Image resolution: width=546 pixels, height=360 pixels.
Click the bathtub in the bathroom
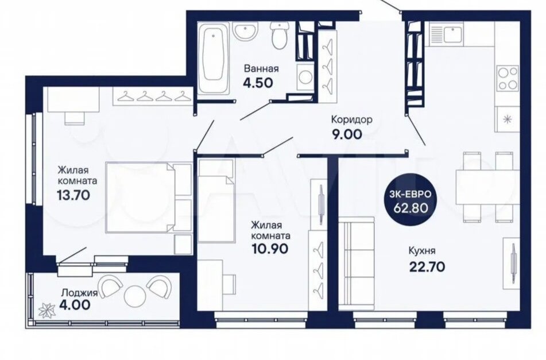(x=214, y=58)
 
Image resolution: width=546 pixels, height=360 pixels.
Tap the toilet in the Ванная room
(x=280, y=36)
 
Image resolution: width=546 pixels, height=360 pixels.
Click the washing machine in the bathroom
(x=305, y=78)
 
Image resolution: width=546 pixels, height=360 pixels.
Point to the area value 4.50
(x=258, y=83)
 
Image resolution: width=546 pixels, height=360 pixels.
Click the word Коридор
(x=352, y=120)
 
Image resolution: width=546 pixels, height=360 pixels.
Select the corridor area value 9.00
(x=347, y=134)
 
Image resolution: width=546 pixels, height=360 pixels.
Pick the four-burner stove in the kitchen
(x=508, y=78)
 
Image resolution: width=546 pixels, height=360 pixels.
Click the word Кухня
(x=422, y=251)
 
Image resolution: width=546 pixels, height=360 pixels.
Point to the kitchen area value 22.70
(x=426, y=267)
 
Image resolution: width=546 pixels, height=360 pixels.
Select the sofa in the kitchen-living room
(x=356, y=264)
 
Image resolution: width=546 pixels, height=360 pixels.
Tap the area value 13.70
(x=73, y=195)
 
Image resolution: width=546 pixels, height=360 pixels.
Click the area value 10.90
(x=269, y=249)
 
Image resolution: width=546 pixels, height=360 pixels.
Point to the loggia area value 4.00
(x=75, y=305)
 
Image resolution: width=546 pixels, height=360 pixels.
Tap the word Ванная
(x=261, y=68)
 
